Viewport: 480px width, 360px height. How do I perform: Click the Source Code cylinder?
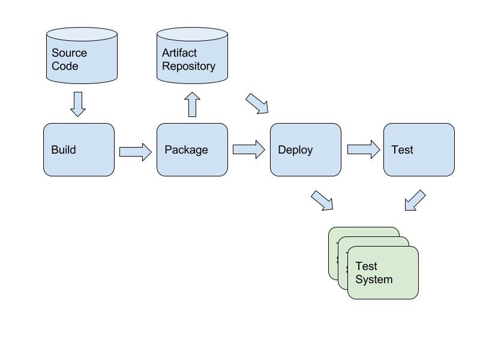82,55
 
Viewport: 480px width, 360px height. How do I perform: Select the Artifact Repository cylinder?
192,55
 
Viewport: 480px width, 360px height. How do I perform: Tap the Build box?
79,149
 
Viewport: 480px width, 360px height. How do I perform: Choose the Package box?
192,149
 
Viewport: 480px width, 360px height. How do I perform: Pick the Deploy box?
305,149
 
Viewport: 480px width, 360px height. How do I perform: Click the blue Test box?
419,149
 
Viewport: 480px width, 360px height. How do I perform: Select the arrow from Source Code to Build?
78,104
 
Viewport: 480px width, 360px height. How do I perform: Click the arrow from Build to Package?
136,152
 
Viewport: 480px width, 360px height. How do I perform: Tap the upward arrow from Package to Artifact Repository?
192,104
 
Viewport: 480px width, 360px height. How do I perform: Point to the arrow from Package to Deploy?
249,149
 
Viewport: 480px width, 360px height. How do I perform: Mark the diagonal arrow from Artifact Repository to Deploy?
257,103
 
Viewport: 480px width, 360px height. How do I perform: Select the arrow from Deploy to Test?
364,149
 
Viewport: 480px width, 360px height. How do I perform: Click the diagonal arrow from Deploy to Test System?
322,200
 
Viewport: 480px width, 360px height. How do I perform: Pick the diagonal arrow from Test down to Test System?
415,200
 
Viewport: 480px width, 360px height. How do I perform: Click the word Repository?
188,67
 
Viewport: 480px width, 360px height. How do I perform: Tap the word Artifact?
179,53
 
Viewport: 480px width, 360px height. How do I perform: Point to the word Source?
69,53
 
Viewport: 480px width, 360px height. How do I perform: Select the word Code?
65,66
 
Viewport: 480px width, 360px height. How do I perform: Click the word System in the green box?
374,280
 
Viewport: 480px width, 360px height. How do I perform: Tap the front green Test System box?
383,272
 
